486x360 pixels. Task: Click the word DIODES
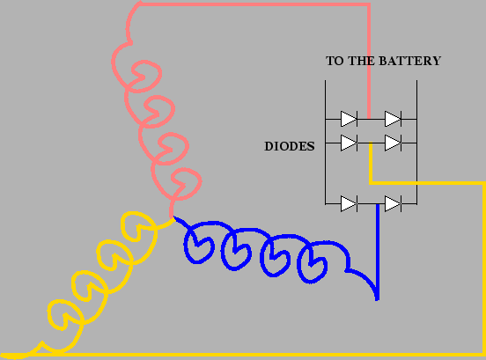pos(290,146)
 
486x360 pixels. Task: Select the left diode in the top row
pos(349,119)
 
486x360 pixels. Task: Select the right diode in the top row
pos(393,119)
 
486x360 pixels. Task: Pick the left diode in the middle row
pos(349,143)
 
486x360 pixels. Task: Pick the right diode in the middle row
pos(393,143)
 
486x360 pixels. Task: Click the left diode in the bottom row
pos(349,204)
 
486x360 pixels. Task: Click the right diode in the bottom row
pos(393,204)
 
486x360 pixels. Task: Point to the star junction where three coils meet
pos(172,217)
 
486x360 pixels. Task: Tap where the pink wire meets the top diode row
pos(369,119)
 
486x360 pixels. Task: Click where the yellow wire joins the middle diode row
pos(371,143)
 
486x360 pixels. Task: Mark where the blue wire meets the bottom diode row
pos(378,204)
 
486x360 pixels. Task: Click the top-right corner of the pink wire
pos(369,4)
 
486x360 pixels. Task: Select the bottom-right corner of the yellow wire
pos(483,355)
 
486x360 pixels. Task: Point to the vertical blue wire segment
pos(378,253)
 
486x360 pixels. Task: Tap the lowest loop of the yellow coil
pos(64,314)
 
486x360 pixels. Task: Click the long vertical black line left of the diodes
pos(325,143)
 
